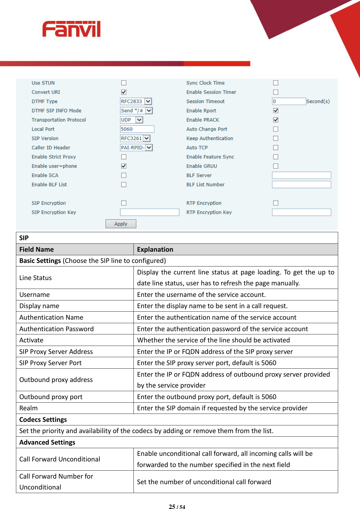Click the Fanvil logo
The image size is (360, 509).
pyautogui.click(x=71, y=29)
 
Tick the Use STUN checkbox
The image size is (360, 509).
pyautogui.click(x=124, y=83)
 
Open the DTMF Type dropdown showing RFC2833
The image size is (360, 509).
pyautogui.click(x=136, y=101)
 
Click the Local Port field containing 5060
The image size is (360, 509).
pyautogui.click(x=137, y=129)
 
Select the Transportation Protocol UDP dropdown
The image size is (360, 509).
pyautogui.click(x=131, y=120)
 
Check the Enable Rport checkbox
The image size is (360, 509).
pyautogui.click(x=276, y=110)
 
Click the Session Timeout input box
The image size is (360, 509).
pyautogui.click(x=289, y=101)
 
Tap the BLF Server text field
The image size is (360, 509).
pyautogui.click(x=301, y=175)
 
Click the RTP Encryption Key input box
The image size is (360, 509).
pyautogui.click(x=301, y=212)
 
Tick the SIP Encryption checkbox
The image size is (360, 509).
pyautogui.click(x=124, y=203)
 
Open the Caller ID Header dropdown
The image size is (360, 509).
pyautogui.click(x=136, y=147)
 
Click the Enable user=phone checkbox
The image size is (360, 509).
pyautogui.click(x=124, y=166)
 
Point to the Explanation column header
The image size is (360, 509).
pyautogui.click(x=155, y=249)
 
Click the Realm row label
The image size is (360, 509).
pyautogui.click(x=29, y=408)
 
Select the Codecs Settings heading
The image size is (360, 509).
pyautogui.click(x=43, y=419)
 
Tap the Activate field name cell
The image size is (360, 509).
pyautogui.click(x=31, y=340)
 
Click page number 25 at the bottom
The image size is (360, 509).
pyautogui.click(x=172, y=507)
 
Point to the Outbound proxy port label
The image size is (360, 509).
pyautogui.click(x=51, y=397)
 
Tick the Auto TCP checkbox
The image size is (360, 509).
pyautogui.click(x=276, y=147)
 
